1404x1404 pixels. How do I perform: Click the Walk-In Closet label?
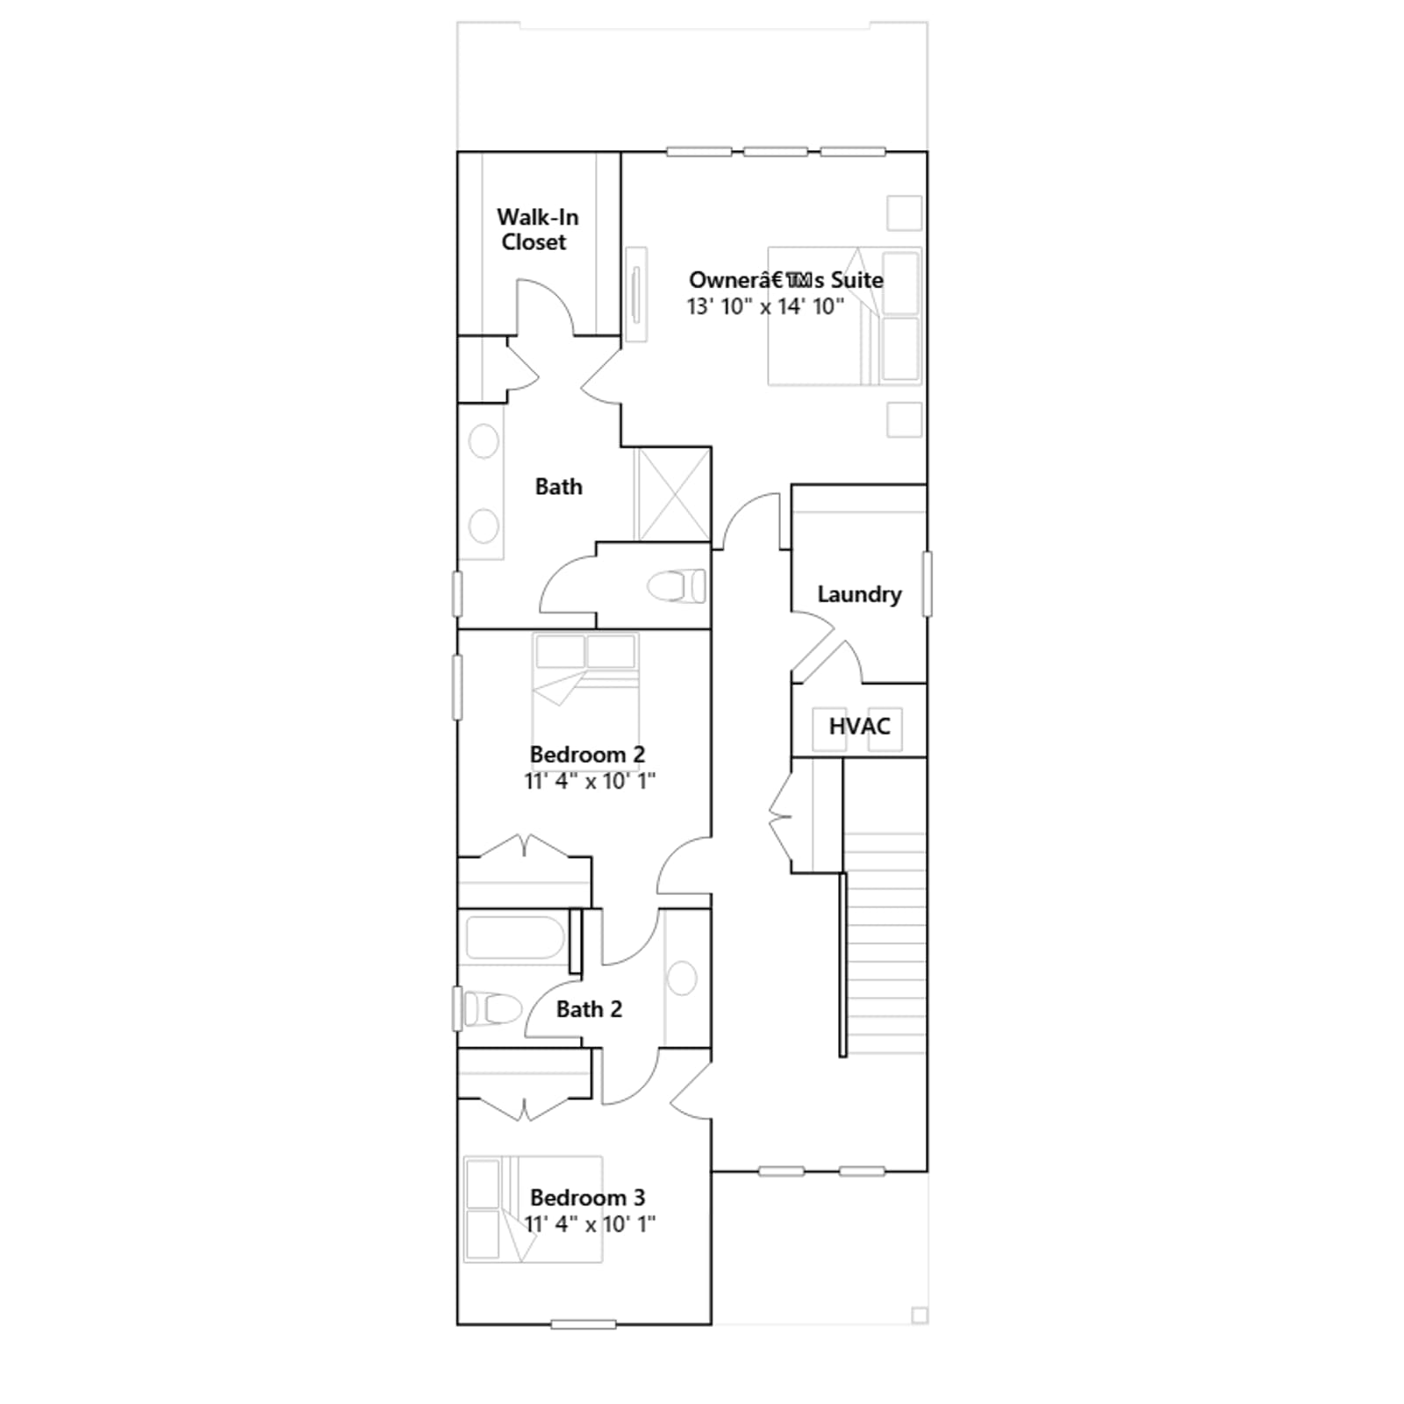[x=536, y=229]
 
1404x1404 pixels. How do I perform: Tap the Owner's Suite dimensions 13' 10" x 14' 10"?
[x=765, y=306]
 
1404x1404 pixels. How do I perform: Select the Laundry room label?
[x=859, y=594]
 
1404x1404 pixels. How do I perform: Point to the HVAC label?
[x=859, y=727]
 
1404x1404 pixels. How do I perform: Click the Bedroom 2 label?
[x=587, y=754]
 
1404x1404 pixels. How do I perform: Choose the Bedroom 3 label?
[x=587, y=1197]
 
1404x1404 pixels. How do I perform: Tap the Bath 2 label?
[x=589, y=1009]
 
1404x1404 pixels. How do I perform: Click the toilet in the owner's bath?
[x=677, y=586]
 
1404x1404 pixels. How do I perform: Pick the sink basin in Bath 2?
[x=682, y=978]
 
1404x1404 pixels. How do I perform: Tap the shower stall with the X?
[x=672, y=495]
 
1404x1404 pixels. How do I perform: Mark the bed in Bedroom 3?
[x=533, y=1209]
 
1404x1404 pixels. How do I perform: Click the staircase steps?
[x=885, y=943]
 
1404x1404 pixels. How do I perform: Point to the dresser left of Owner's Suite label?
[x=636, y=294]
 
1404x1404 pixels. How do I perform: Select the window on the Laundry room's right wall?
[x=927, y=584]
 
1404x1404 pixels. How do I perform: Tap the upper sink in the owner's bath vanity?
[x=484, y=441]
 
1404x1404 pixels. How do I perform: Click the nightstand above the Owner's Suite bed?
[x=904, y=213]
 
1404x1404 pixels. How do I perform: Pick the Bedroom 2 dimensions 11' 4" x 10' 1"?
[x=590, y=781]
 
